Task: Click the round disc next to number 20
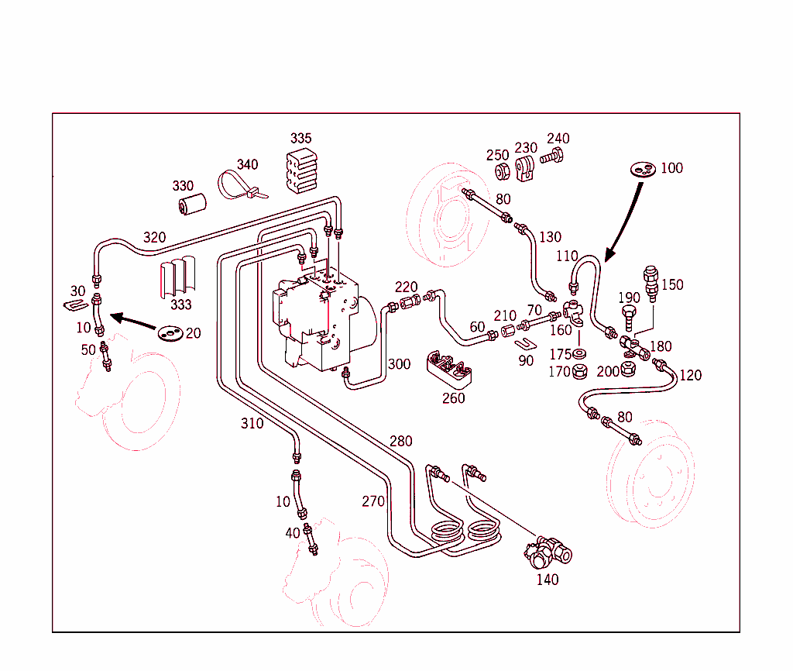(x=170, y=333)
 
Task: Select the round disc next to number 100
(x=642, y=168)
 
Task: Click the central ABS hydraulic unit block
(x=318, y=318)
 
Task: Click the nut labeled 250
(x=500, y=170)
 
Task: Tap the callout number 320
(x=154, y=237)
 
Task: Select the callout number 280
(x=400, y=441)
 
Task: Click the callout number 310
(x=252, y=423)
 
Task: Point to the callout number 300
(x=399, y=363)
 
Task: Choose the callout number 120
(x=690, y=375)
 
